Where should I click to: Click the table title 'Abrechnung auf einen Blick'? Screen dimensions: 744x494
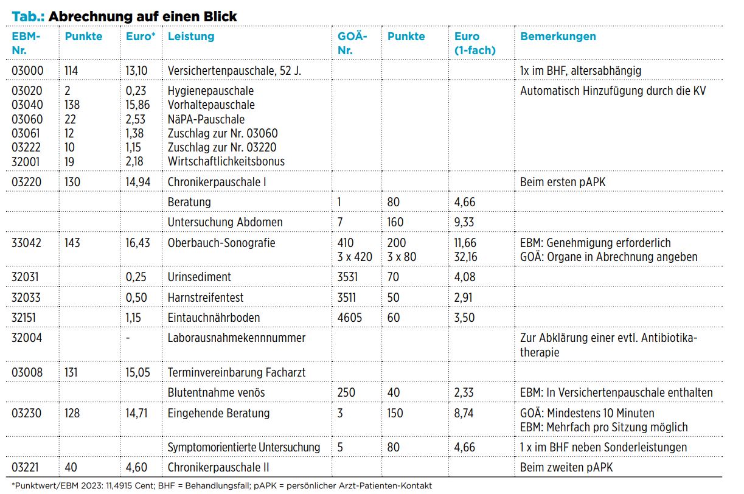coord(142,16)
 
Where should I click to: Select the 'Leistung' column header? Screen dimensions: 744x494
coord(191,37)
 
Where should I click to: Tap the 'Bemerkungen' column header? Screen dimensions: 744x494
coord(558,37)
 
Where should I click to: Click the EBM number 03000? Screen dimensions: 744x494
coord(27,71)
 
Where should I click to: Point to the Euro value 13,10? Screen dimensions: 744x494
coord(136,71)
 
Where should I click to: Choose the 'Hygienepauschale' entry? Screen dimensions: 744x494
coord(210,91)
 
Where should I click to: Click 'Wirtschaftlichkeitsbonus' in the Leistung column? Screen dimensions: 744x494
coord(226,161)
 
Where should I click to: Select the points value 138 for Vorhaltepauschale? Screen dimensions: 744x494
coord(72,105)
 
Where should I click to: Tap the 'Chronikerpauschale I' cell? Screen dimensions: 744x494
coord(217,182)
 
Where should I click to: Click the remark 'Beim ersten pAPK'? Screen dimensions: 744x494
coord(563,182)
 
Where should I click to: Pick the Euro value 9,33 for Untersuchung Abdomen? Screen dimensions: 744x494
coord(464,222)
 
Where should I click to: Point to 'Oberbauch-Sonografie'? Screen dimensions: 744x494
coord(221,243)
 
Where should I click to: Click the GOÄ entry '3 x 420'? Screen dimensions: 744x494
coord(355,257)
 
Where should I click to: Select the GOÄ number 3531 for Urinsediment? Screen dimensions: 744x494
coord(347,277)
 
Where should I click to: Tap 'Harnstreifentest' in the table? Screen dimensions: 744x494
coord(206,297)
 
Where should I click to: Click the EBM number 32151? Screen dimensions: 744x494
coord(24,318)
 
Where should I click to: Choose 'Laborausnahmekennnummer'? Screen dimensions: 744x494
coord(237,338)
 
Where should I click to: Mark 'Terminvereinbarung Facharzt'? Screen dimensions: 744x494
coord(237,372)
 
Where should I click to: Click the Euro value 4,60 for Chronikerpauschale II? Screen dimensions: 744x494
coord(136,467)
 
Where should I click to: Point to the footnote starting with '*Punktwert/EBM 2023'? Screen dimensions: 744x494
coord(222,485)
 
